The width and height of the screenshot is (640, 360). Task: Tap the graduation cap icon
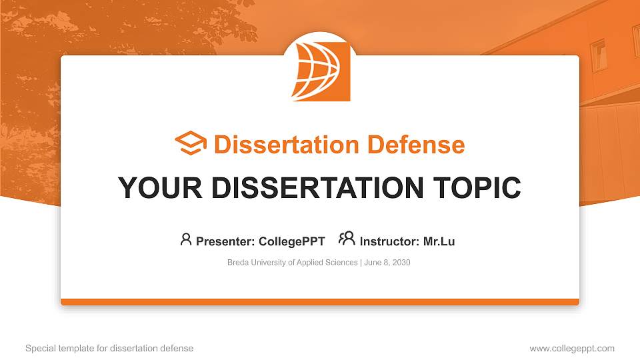[191, 144]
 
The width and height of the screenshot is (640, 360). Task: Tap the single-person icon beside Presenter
[186, 239]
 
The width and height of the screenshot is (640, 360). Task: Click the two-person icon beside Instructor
[347, 239]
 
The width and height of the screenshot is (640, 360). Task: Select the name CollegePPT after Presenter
[291, 241]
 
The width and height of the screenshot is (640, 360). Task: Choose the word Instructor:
[389, 241]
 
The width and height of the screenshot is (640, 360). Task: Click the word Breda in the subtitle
[238, 263]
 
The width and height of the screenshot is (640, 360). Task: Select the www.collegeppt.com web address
[572, 348]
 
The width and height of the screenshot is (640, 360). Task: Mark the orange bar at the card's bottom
[320, 302]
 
